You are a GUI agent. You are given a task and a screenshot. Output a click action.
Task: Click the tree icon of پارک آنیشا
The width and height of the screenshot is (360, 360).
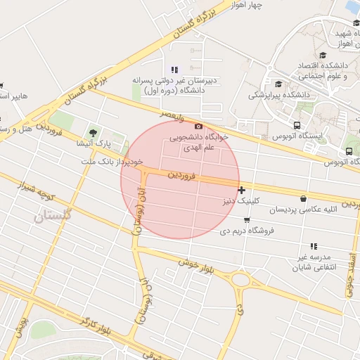point(93,132)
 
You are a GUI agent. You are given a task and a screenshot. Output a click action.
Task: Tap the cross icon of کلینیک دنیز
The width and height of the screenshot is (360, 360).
point(242,189)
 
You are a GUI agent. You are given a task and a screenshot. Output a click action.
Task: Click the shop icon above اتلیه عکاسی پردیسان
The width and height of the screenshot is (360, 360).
point(303,198)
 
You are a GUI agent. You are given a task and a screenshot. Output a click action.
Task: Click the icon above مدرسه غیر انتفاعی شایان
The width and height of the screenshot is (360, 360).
point(314,246)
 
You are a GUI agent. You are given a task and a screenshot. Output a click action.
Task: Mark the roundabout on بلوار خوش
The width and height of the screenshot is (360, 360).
point(241,281)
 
